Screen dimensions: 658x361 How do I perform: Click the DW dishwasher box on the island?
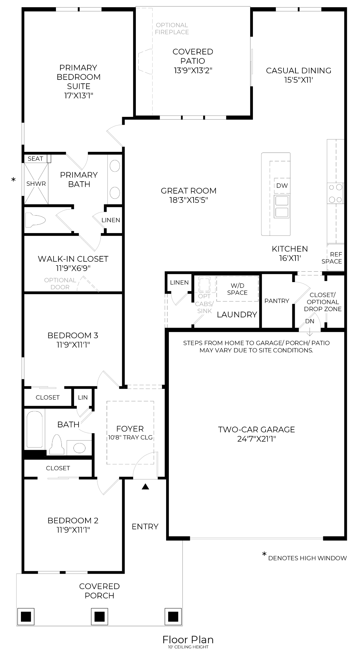(282, 186)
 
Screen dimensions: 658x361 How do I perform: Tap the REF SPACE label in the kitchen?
(332, 258)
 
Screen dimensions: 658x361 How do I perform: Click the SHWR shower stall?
(36, 184)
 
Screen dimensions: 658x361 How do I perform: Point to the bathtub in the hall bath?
(35, 429)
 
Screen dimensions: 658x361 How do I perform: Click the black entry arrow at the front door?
(145, 486)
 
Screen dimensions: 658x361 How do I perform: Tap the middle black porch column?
(100, 617)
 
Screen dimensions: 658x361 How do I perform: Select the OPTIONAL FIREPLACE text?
(172, 28)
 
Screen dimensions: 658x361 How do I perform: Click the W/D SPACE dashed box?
(237, 289)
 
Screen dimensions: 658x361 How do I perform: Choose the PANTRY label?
(277, 301)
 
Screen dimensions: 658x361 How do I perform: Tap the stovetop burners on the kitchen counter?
(335, 193)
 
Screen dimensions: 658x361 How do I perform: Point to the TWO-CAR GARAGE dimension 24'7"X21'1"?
(256, 439)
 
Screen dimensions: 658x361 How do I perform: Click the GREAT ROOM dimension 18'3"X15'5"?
(188, 200)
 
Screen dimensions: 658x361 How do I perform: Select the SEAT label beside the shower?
(35, 158)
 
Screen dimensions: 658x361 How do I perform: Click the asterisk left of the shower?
(13, 180)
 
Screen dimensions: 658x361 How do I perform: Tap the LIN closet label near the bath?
(83, 397)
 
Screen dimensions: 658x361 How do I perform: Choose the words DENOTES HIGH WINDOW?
(307, 558)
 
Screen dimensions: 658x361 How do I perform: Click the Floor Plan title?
(188, 639)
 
